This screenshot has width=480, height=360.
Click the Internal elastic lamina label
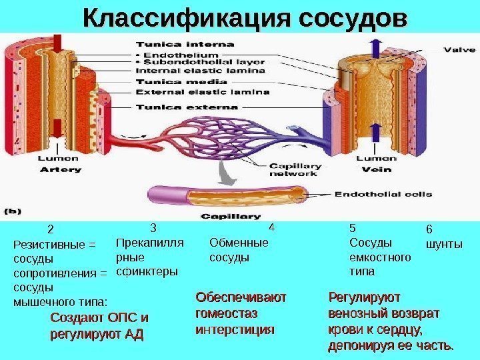pyautogui.click(x=201, y=71)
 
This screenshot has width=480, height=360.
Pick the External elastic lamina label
pyautogui.click(x=203, y=92)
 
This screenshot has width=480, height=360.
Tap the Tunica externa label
pyautogui.click(x=187, y=106)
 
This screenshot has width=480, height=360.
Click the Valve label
pyautogui.click(x=460, y=48)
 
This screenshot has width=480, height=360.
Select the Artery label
pyautogui.click(x=61, y=169)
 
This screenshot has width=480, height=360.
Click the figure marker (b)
pyautogui.click(x=13, y=211)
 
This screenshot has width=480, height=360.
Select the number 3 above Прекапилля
pyautogui.click(x=153, y=227)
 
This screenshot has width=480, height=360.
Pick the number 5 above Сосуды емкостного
pyautogui.click(x=353, y=227)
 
